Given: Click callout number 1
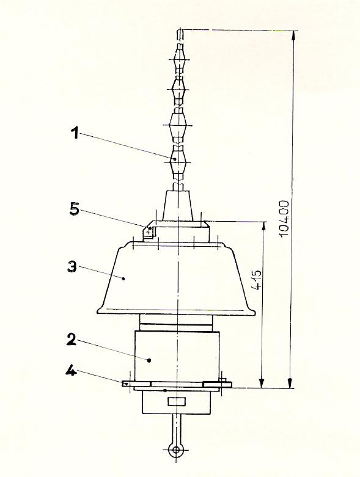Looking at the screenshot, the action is pyautogui.click(x=75, y=133).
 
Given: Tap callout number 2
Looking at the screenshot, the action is pyautogui.click(x=72, y=338).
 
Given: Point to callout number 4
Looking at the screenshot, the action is pyautogui.click(x=71, y=371).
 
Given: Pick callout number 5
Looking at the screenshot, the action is pyautogui.click(x=74, y=209).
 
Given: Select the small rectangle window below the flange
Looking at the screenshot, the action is pyautogui.click(x=177, y=401).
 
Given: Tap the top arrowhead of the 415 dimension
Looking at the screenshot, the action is pyautogui.click(x=264, y=227).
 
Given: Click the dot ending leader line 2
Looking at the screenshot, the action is pyautogui.click(x=149, y=360).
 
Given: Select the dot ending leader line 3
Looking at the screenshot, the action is pyautogui.click(x=123, y=279).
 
